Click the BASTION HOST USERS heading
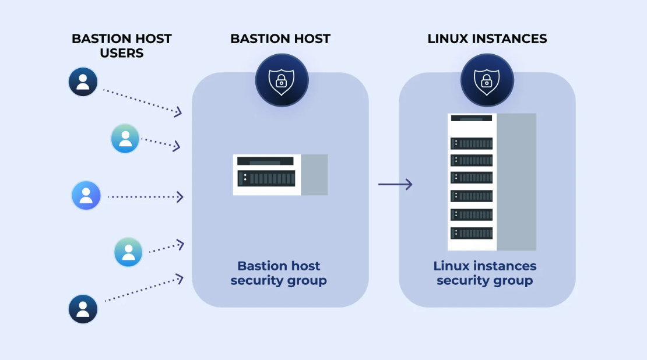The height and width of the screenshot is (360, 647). tap(121, 46)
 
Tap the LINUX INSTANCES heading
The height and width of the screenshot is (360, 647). tap(487, 39)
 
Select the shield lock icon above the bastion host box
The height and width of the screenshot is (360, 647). tap(282, 80)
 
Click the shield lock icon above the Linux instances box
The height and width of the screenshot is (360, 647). tap(487, 80)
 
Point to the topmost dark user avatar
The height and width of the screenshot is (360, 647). tap(83, 82)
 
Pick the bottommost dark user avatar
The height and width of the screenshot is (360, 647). tap(83, 309)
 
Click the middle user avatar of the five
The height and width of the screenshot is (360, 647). tap(86, 196)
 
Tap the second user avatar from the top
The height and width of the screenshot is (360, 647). tap(125, 139)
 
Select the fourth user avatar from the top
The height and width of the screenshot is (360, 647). tap(128, 252)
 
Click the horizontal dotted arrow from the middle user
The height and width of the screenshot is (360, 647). tap(146, 197)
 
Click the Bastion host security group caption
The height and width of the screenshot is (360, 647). tap(279, 273)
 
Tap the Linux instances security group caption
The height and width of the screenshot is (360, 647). tap(485, 273)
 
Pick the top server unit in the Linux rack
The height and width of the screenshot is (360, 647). tap(472, 143)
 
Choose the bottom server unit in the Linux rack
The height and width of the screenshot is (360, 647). tap(472, 233)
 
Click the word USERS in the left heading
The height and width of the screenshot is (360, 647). tap(121, 54)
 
